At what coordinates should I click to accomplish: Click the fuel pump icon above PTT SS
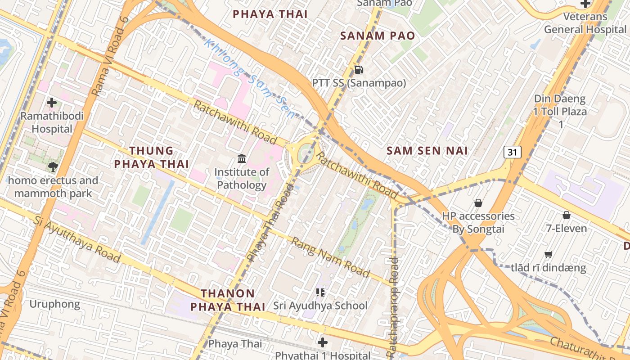coord(359,69)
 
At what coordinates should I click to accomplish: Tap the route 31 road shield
coord(513,152)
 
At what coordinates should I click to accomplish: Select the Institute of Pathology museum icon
coord(242,158)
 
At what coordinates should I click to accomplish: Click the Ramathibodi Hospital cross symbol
coord(52,103)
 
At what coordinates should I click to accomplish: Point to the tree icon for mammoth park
coord(53,167)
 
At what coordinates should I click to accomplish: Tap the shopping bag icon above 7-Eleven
coord(567,215)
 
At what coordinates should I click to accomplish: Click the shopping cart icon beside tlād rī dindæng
coord(548,255)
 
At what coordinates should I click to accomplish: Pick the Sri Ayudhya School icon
coord(320,292)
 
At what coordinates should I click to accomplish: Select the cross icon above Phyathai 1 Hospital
coord(322,342)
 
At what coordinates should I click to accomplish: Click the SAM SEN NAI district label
coord(427,151)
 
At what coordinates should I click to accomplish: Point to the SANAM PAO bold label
coord(378,36)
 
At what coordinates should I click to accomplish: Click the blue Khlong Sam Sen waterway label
coord(250,80)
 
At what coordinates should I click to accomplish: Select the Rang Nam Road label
coord(330,257)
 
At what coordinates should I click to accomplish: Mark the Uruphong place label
coord(54,304)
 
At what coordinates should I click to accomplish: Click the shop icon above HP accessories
coord(478,203)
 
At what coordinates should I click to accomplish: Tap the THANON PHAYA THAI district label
coord(228,300)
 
